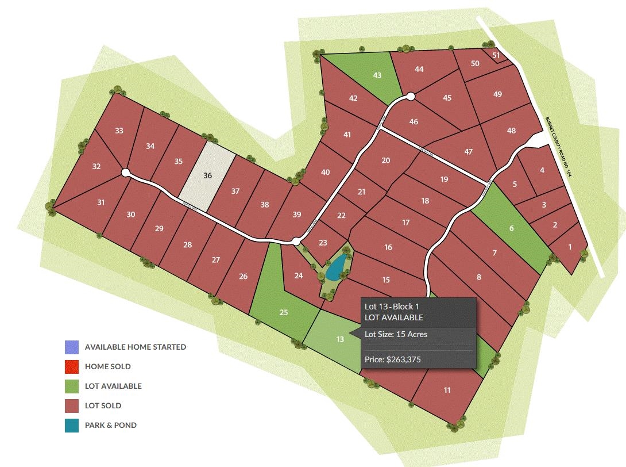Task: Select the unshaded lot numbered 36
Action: click(x=207, y=175)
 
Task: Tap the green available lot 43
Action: click(x=377, y=75)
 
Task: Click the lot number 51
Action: click(x=496, y=55)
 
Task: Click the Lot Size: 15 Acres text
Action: click(x=396, y=334)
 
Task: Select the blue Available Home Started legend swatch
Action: click(x=72, y=347)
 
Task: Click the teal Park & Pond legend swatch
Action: click(x=72, y=426)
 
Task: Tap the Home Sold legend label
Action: click(x=107, y=366)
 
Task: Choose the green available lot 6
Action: click(x=511, y=228)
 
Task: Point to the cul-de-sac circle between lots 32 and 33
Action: click(x=125, y=173)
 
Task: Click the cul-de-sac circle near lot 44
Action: click(x=410, y=97)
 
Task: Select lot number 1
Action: click(x=570, y=247)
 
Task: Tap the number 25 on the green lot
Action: click(x=283, y=312)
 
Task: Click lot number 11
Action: click(x=447, y=391)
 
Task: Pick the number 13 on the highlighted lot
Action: click(x=340, y=339)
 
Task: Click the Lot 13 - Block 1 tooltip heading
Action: click(x=390, y=307)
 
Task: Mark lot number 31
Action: click(x=101, y=202)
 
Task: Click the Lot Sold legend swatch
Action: click(x=72, y=406)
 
